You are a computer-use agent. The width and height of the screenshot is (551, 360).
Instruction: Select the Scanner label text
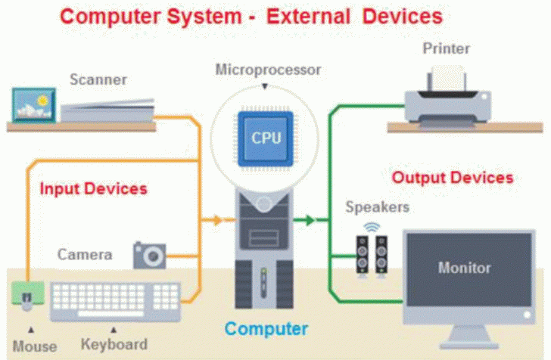(x=98, y=79)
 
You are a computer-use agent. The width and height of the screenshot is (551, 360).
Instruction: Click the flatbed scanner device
(x=106, y=110)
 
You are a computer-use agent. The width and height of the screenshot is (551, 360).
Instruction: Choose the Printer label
(x=446, y=49)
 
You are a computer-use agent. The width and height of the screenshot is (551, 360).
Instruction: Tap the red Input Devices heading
(x=93, y=188)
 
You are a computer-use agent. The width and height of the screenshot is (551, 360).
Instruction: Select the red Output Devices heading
(x=453, y=178)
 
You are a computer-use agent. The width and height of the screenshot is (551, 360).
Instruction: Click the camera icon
(x=149, y=255)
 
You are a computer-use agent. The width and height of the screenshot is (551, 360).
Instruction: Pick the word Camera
(x=85, y=254)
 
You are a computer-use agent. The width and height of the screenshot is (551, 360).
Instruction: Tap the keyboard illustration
(x=116, y=301)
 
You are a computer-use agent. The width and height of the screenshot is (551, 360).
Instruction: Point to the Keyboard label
(x=114, y=345)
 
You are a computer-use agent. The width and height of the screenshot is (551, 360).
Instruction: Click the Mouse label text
(x=34, y=346)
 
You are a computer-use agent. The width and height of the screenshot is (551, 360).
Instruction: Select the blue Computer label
(x=266, y=329)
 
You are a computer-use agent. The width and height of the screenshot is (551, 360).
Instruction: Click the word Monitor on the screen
(x=464, y=268)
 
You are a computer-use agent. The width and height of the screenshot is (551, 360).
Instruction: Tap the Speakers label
(x=377, y=206)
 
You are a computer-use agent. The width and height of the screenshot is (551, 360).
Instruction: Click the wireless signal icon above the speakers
(x=371, y=226)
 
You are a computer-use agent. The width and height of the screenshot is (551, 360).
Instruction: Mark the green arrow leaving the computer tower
(x=306, y=221)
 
